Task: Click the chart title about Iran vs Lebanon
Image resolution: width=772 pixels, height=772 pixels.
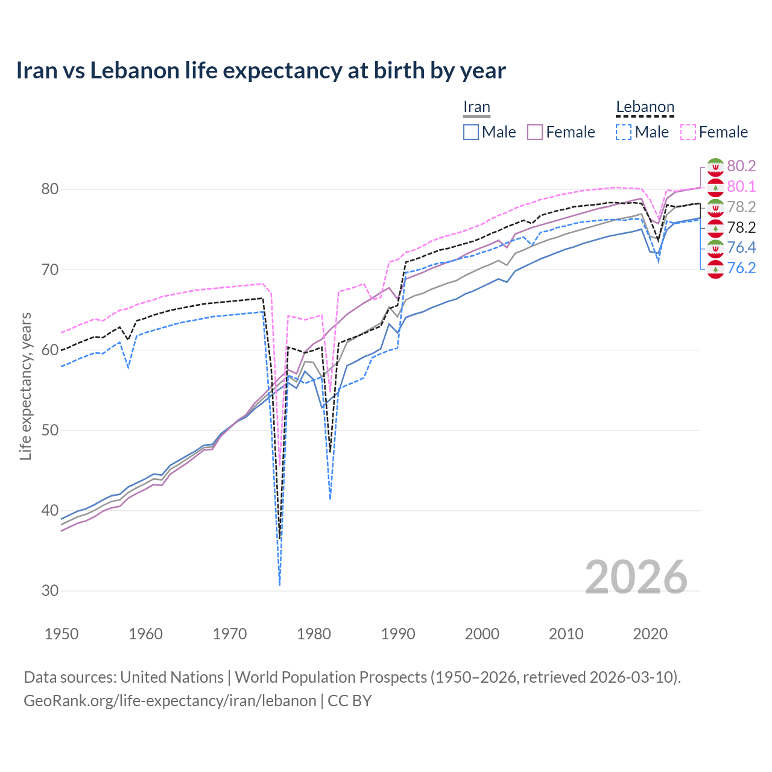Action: [261, 71]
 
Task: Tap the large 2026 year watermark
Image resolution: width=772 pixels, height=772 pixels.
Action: [636, 577]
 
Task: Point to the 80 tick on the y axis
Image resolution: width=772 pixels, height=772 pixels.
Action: [50, 189]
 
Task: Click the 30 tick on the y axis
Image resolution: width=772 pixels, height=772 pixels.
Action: [50, 591]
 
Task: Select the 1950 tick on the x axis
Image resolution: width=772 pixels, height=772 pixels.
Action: [62, 634]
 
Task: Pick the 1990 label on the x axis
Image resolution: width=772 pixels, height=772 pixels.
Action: [398, 634]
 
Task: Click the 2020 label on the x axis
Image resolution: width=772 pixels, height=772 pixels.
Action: [650, 634]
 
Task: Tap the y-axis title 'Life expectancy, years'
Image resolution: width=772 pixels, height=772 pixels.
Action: [25, 386]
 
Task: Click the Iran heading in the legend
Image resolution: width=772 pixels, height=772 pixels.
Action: [476, 107]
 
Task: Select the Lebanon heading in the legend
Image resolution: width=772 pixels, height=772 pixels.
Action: [645, 107]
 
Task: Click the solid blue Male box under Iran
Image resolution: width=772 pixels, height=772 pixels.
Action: [471, 132]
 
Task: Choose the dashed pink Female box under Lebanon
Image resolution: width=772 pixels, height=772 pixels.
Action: [688, 132]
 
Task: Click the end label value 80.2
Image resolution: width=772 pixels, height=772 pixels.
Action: [741, 166]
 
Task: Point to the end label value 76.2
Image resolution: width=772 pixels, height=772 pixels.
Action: [741, 268]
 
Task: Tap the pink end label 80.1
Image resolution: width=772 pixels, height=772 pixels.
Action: [741, 187]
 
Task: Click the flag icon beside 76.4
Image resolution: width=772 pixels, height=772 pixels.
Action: [715, 248]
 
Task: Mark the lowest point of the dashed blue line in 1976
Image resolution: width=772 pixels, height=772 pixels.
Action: [280, 585]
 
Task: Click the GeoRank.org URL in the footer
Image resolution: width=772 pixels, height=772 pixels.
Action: [170, 701]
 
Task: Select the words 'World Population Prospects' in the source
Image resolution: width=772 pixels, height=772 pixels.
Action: [331, 677]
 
